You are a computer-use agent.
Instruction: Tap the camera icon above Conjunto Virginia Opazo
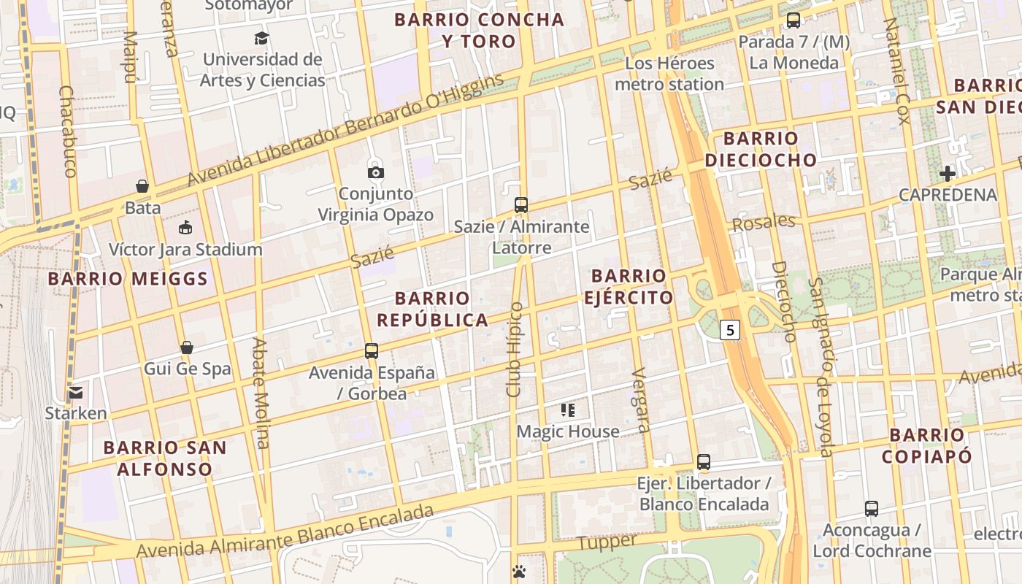point(375,173)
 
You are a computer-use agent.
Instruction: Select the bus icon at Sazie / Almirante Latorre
point(520,205)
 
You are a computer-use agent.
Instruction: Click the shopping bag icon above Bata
point(142,186)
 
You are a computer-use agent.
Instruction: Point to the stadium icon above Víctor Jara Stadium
point(185,228)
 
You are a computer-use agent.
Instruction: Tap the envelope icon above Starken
point(76,393)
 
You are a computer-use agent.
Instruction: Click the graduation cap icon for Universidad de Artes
point(261,38)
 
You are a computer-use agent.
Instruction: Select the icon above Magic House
point(568,410)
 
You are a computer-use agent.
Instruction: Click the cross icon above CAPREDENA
point(947,174)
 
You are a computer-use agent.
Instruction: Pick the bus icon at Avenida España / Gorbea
point(372,351)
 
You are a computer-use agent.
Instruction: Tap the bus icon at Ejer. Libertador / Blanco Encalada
point(703,462)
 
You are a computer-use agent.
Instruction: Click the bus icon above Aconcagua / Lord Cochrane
point(871,509)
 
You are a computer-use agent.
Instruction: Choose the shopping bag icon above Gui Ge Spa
point(187,347)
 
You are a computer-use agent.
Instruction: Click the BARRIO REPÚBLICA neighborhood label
point(432,309)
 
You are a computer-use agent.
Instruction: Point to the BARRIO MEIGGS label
point(128,279)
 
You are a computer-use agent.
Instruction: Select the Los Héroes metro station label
point(669,74)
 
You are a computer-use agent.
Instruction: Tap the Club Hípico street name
point(515,350)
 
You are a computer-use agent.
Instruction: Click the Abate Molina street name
point(261,392)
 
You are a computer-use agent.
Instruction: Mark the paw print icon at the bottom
point(519,571)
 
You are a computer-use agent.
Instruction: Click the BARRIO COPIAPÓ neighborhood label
point(926,446)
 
